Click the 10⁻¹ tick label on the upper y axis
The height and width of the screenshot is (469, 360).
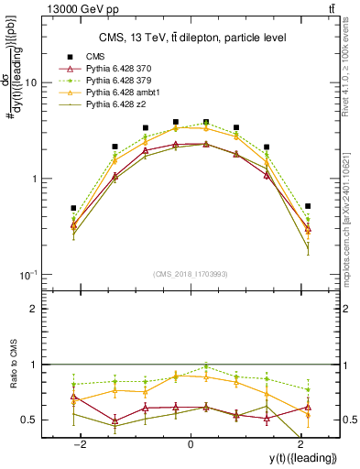click(27, 275)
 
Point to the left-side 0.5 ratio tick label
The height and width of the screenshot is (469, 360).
click(27, 420)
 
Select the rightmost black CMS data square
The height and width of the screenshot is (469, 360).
click(308, 206)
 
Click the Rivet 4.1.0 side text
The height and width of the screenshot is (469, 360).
click(352, 64)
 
